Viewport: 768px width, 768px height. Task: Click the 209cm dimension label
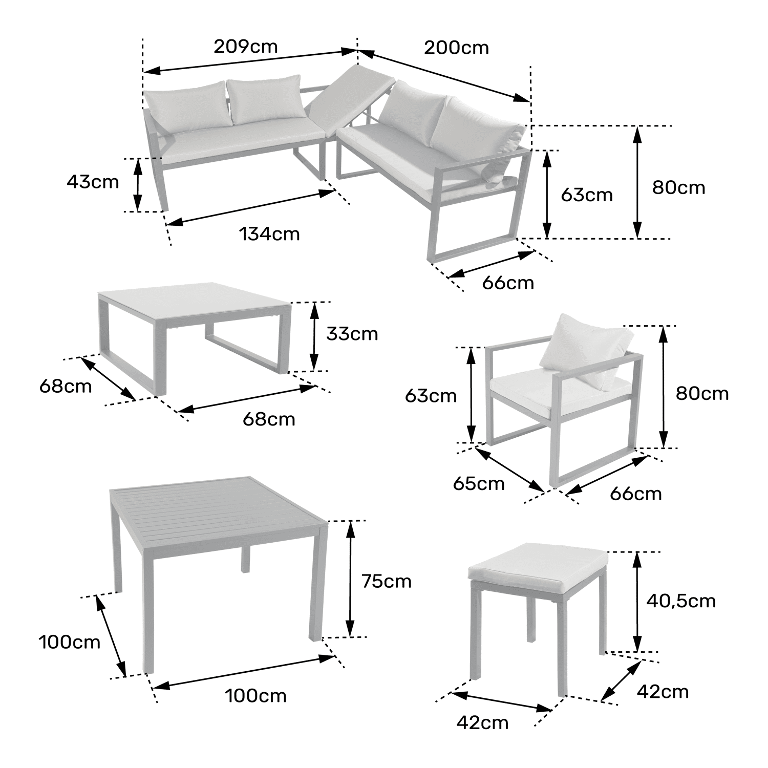tap(245, 47)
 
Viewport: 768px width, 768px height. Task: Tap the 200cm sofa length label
tap(456, 48)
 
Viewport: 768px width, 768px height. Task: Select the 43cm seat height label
tap(93, 182)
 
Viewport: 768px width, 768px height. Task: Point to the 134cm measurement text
tap(269, 234)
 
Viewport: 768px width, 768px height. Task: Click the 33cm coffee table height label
tap(352, 334)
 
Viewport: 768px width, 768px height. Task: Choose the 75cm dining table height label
tap(386, 581)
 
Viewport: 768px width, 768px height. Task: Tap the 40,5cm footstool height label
tap(680, 600)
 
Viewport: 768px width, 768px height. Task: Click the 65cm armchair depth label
tap(479, 483)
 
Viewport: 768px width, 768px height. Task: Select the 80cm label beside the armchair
tap(702, 393)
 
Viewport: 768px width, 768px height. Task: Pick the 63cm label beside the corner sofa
tap(587, 195)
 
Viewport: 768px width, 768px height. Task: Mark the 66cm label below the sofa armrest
tap(508, 283)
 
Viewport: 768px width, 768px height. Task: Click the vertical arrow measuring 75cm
tap(350, 579)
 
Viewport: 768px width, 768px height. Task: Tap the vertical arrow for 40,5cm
tap(637, 602)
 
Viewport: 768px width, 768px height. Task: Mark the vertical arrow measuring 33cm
tap(314, 336)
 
